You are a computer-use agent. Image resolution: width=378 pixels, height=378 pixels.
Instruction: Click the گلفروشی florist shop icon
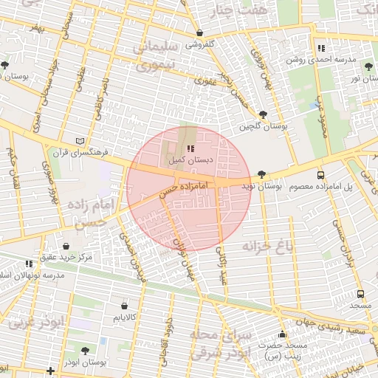pyautogui.click(x=200, y=33)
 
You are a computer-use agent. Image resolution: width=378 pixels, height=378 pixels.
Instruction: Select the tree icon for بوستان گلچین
pyautogui.click(x=263, y=114)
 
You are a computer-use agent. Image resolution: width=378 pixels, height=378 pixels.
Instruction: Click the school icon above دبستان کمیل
pyautogui.click(x=181, y=148)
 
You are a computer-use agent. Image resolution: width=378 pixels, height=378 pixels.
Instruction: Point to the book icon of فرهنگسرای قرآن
pyautogui.click(x=80, y=141)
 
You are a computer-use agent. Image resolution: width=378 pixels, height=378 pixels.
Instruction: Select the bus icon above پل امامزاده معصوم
pyautogui.click(x=320, y=175)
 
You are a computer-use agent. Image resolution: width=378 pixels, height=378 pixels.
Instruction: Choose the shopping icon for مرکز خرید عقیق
pyautogui.click(x=66, y=246)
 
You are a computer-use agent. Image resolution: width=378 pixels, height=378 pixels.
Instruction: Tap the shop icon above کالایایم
pyautogui.click(x=123, y=305)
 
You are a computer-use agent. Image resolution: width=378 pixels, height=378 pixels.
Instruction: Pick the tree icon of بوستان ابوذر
pyautogui.click(x=85, y=351)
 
